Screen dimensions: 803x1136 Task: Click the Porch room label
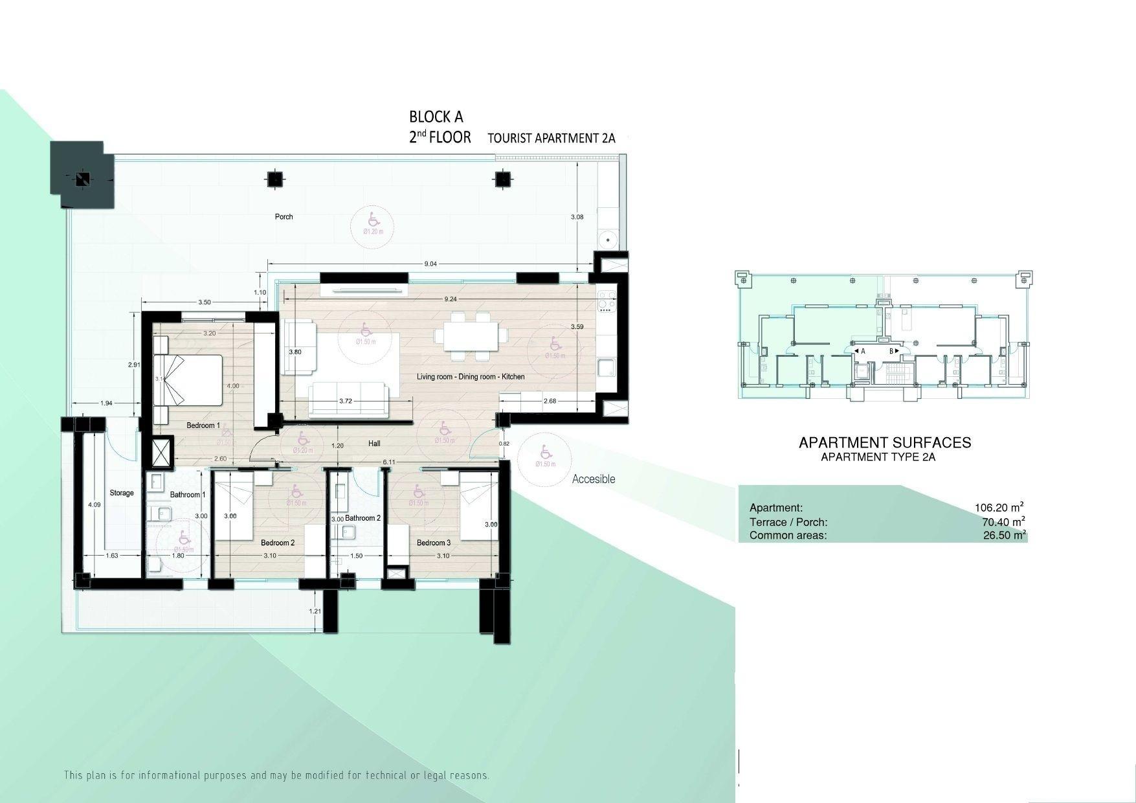point(284,217)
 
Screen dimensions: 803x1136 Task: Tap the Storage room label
point(121,493)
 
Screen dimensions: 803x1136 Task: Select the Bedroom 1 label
point(203,425)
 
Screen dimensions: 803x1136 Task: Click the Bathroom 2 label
point(362,518)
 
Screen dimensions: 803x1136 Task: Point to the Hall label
point(374,444)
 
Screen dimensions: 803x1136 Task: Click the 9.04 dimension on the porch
point(430,264)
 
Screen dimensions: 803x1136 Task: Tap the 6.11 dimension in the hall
point(389,462)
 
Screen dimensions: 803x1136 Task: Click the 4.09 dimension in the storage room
point(95,504)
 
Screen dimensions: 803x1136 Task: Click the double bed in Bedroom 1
point(188,379)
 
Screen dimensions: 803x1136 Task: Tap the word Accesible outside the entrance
point(593,479)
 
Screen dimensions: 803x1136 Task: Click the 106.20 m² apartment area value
point(999,508)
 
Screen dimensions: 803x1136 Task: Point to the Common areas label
point(788,536)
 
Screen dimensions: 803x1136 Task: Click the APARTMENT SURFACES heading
point(884,442)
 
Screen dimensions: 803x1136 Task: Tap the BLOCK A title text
point(436,117)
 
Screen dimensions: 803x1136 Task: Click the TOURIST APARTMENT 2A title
point(551,138)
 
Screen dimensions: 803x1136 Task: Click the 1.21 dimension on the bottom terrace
point(315,611)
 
